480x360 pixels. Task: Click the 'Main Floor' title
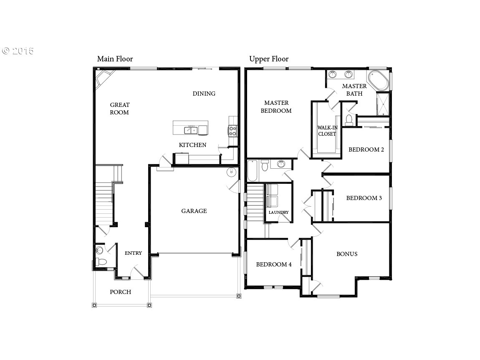pos(115,59)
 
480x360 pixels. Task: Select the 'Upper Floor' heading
pos(269,59)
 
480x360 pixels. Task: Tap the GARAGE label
pos(194,211)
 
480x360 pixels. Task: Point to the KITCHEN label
pos(192,145)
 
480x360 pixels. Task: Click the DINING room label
pos(204,94)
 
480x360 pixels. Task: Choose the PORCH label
pos(120,292)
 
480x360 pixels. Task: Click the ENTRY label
pos(133,253)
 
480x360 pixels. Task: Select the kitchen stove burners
pos(232,131)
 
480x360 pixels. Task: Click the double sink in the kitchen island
pos(191,130)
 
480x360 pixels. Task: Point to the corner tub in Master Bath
pos(378,80)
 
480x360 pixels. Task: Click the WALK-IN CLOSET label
pos(327,131)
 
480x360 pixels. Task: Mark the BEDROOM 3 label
pos(364,198)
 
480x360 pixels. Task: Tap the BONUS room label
pos(347,254)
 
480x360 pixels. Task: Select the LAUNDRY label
pos(278,212)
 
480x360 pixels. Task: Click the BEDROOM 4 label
pos(274,264)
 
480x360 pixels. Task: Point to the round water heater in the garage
pos(232,172)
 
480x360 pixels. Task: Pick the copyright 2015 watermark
pos(18,51)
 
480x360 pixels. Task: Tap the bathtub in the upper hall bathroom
pos(253,171)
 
